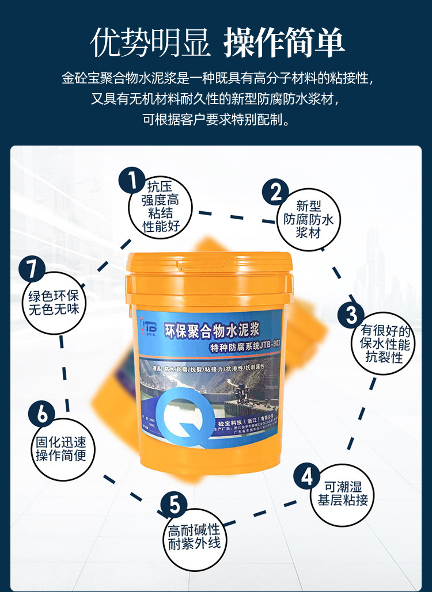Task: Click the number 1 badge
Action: [132, 181]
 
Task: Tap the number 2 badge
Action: [276, 192]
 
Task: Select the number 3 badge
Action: [351, 314]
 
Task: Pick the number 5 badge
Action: [174, 506]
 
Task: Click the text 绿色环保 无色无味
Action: [54, 303]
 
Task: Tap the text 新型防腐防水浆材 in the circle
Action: [308, 219]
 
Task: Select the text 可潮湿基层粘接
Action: [342, 493]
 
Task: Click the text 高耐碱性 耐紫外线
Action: [194, 536]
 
